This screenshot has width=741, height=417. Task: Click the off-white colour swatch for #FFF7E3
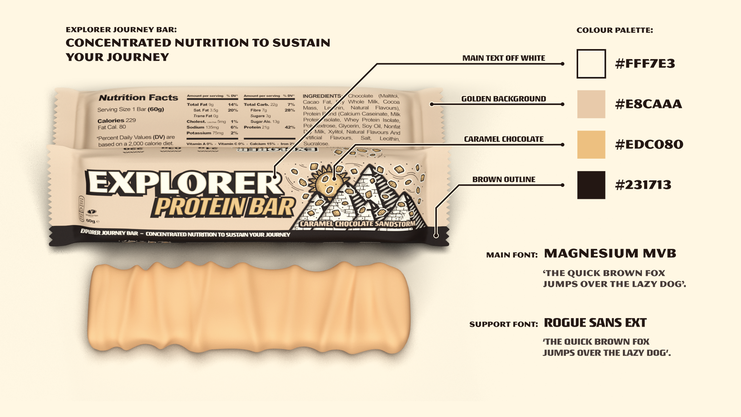click(591, 64)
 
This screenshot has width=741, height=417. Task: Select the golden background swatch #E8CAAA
click(591, 104)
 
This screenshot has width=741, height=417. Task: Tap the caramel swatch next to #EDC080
click(591, 145)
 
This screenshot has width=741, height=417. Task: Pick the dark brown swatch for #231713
click(591, 185)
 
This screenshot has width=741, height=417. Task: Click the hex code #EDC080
click(649, 145)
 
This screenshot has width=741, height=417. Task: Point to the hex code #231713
click(643, 185)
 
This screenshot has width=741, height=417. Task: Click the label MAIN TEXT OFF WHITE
click(504, 58)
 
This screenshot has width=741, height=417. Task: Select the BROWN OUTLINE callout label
click(504, 180)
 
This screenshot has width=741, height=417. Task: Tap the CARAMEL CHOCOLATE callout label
click(504, 139)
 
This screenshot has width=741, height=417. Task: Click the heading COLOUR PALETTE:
click(614, 30)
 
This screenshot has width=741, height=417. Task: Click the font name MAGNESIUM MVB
click(610, 254)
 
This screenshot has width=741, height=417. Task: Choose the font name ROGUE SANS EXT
click(595, 323)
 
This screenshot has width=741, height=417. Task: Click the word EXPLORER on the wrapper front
click(184, 183)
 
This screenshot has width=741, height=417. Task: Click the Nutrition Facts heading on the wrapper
click(138, 98)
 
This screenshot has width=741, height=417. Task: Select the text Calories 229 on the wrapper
click(117, 120)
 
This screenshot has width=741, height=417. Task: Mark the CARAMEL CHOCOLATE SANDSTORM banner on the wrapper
click(357, 224)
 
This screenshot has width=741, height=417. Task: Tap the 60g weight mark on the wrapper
click(91, 221)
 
